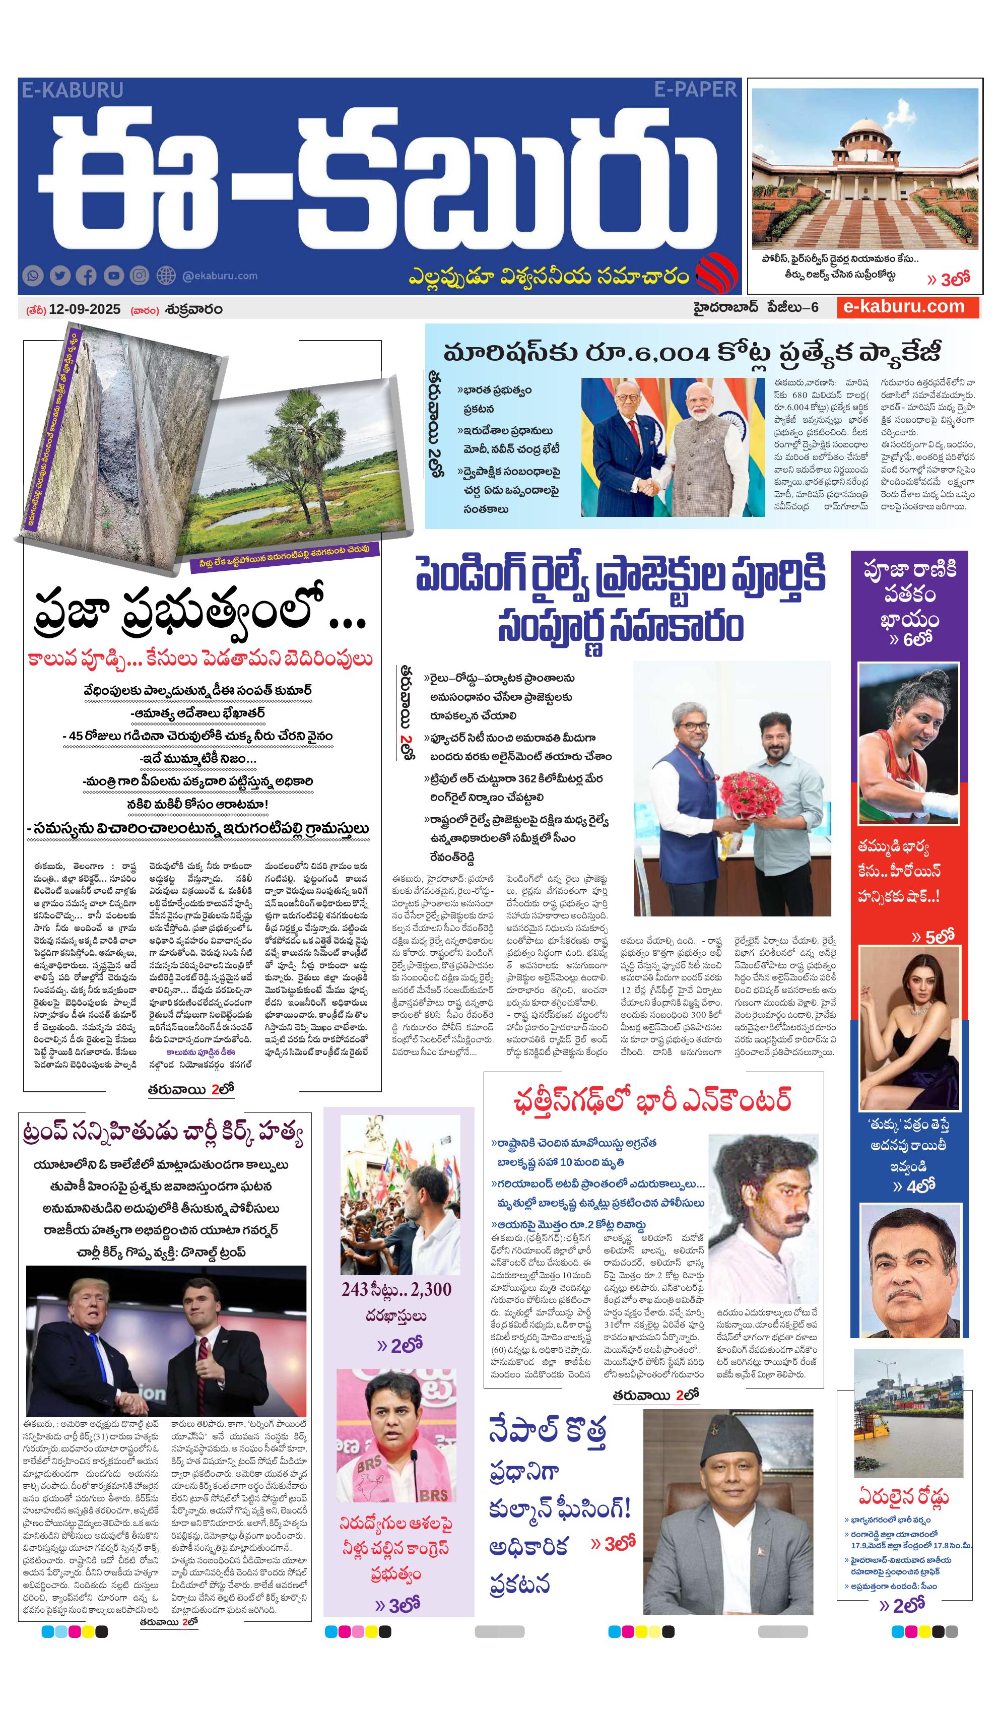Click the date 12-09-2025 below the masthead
pyautogui.click(x=84, y=309)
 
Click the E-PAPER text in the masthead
pyautogui.click(x=695, y=89)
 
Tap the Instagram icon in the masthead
pyautogui.click(x=140, y=276)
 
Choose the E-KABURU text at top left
pyautogui.click(x=72, y=90)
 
